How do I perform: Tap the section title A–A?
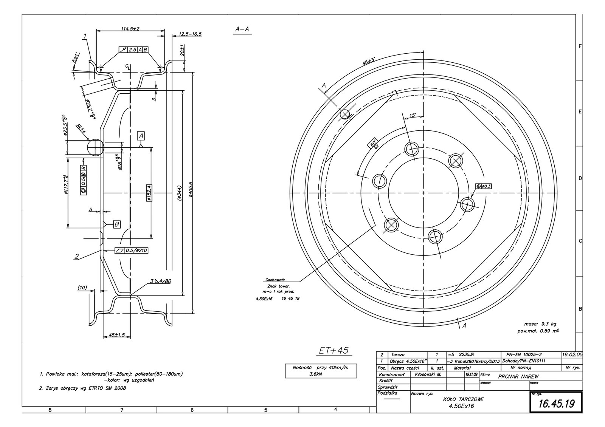click(x=243, y=29)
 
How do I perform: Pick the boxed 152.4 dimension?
click(x=149, y=192)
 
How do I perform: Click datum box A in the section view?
click(x=141, y=135)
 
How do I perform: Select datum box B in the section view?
click(x=116, y=224)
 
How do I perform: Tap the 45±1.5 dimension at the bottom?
click(x=116, y=335)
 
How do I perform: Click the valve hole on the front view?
click(x=346, y=114)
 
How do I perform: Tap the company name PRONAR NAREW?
click(x=518, y=376)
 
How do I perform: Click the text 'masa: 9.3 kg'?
click(x=540, y=324)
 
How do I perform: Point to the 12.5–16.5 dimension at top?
click(x=190, y=34)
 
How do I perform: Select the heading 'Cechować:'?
click(x=275, y=280)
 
